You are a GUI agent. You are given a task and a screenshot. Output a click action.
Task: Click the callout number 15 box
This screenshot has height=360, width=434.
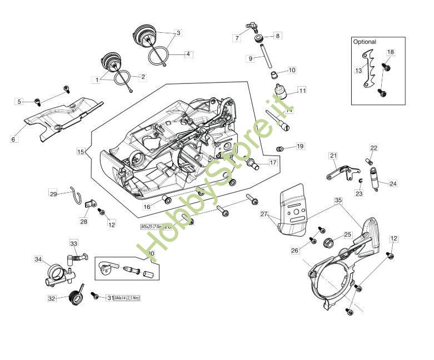[x=81, y=151]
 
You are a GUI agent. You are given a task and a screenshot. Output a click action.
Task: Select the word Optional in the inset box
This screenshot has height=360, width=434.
[x=365, y=42]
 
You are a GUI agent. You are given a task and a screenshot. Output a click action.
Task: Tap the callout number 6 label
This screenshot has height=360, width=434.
[x=13, y=139]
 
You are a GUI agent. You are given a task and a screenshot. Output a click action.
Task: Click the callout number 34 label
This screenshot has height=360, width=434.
[x=38, y=259]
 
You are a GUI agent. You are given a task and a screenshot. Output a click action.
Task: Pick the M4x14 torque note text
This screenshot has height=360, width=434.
[x=127, y=298]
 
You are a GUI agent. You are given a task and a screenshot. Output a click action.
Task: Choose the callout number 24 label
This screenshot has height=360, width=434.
[x=393, y=183]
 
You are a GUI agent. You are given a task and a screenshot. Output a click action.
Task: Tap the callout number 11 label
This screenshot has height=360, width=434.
[x=302, y=90]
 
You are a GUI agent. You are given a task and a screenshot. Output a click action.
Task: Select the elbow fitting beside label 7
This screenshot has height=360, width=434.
[x=252, y=26]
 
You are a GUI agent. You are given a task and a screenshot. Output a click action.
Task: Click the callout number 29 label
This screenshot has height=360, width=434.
[x=53, y=194]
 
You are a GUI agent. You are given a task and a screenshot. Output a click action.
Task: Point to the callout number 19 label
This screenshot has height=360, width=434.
[x=300, y=147]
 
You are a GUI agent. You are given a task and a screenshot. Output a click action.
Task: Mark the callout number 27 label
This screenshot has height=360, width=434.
[x=264, y=214]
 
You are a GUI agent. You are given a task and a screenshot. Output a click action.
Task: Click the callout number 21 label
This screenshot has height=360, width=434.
[x=333, y=156]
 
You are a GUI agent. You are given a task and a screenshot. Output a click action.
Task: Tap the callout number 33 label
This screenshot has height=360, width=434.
[x=74, y=243]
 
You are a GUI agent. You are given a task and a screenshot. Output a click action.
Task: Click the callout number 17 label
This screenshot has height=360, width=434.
[x=273, y=163]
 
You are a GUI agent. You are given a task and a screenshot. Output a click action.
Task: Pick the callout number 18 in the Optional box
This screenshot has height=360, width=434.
[x=391, y=52]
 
